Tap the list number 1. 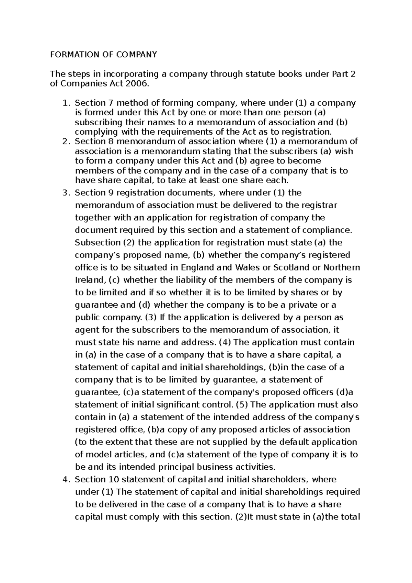tap(66, 103)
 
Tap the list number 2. tap(66, 141)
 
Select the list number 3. tap(66, 193)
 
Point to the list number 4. tap(66, 479)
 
